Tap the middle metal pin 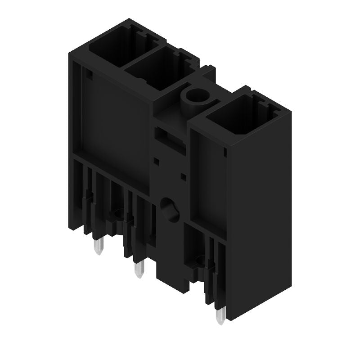coord(139,271)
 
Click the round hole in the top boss coord(196,95)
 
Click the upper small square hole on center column coord(156,160)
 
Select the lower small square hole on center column coord(183,175)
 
